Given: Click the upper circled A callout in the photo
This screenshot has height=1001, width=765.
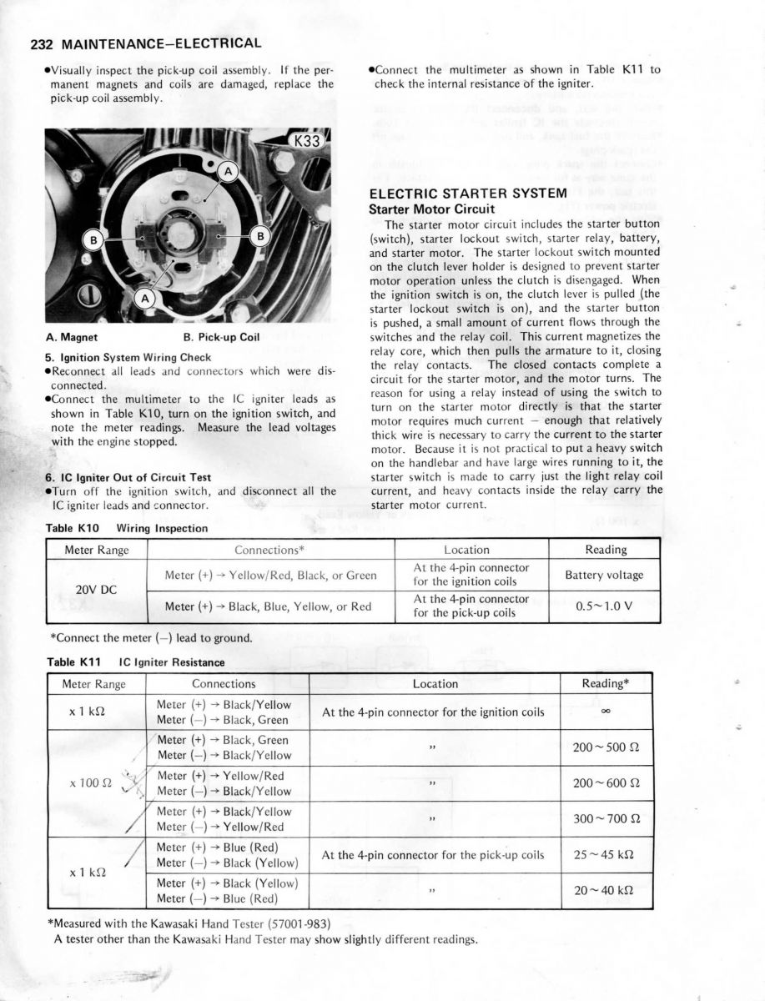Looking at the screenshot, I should tap(228, 172).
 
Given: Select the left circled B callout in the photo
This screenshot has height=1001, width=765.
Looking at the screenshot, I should tap(95, 240).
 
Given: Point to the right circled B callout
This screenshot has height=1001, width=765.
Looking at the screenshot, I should tap(259, 236).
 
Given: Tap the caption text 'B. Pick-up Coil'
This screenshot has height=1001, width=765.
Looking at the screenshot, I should tap(220, 338).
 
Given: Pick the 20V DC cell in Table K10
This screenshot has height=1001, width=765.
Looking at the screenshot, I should tap(96, 590).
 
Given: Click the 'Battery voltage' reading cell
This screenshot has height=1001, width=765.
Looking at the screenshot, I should tap(604, 575).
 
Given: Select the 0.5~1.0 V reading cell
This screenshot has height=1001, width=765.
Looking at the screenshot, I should tap(604, 606).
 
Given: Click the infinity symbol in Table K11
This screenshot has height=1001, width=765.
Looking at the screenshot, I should tap(603, 712).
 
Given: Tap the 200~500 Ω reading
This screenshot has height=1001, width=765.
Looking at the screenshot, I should tap(604, 747).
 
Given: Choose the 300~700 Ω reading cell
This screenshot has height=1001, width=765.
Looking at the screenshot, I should tap(604, 819).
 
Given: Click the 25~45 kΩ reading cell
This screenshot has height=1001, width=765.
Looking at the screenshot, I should tap(604, 854).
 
